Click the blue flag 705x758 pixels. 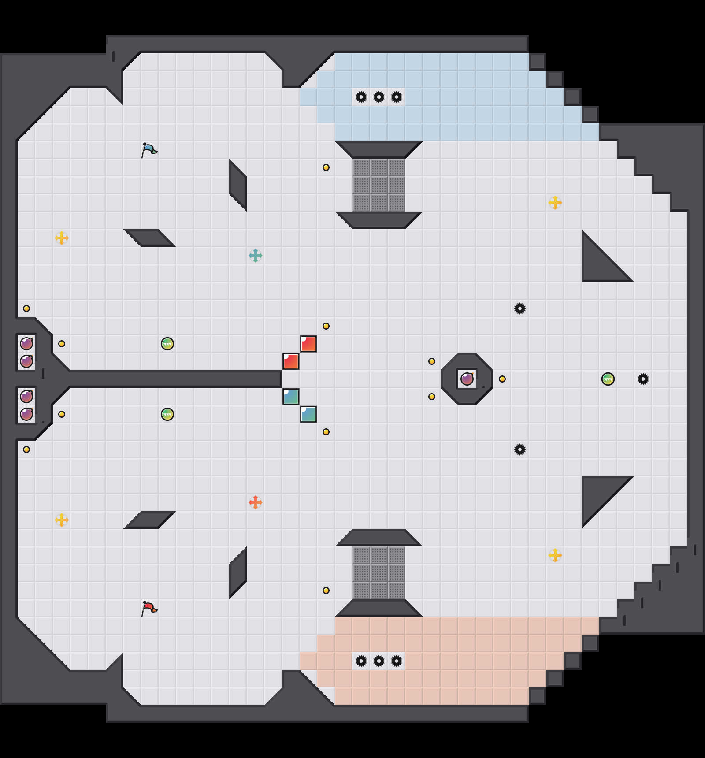click(x=149, y=150)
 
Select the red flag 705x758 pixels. click(x=149, y=608)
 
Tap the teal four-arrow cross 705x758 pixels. click(x=256, y=256)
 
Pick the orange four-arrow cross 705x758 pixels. click(x=256, y=502)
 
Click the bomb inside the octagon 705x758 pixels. click(x=467, y=379)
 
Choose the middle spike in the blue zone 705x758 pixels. click(x=379, y=97)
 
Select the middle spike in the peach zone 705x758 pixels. click(x=379, y=661)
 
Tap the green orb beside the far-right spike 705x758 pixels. click(x=608, y=379)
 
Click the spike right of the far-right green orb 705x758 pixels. click(x=643, y=379)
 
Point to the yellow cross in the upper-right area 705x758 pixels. click(x=555, y=203)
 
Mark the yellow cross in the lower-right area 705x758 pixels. click(x=555, y=555)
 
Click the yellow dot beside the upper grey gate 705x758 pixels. click(x=326, y=167)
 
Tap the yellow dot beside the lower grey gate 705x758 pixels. click(x=326, y=591)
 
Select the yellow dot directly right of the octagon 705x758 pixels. click(x=502, y=379)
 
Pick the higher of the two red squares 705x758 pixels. click(x=308, y=344)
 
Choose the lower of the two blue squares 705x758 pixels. click(x=308, y=414)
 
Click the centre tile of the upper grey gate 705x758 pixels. click(x=379, y=185)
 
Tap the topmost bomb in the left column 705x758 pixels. click(x=26, y=343)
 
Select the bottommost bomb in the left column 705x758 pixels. click(x=26, y=414)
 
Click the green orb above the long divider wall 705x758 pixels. click(x=167, y=344)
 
